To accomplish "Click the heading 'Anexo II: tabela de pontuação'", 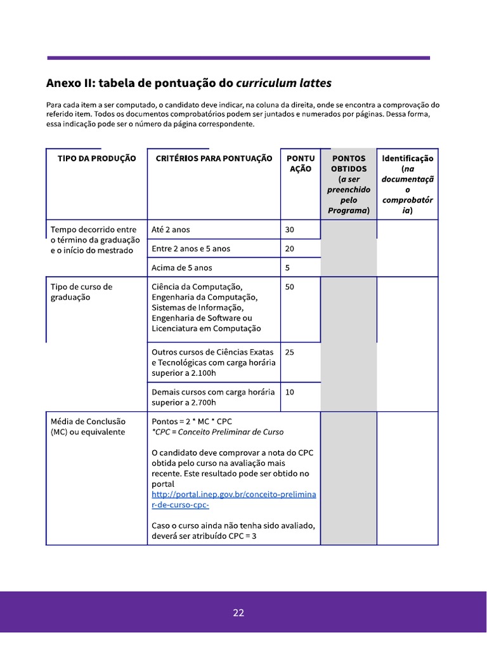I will pyautogui.click(x=140, y=84).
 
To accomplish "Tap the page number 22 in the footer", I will pyautogui.click(x=238, y=613).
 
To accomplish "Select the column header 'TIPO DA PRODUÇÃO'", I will pyautogui.click(x=96, y=159).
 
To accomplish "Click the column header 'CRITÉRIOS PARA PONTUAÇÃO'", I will pyautogui.click(x=214, y=159).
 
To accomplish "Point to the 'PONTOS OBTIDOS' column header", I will pyautogui.click(x=349, y=164).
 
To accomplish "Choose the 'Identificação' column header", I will pyautogui.click(x=407, y=159).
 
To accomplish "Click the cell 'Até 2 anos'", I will pyautogui.click(x=171, y=230).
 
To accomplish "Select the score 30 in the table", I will pyautogui.click(x=290, y=230).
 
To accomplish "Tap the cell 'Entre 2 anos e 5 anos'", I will pyautogui.click(x=191, y=249).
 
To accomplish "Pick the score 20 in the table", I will pyautogui.click(x=290, y=249).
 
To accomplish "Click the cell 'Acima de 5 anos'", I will pyautogui.click(x=182, y=268).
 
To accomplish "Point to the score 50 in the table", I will pyautogui.click(x=290, y=287).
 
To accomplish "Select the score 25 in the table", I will pyautogui.click(x=290, y=352).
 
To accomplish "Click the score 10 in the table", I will pyautogui.click(x=290, y=392).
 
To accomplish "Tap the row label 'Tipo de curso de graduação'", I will pyautogui.click(x=81, y=292).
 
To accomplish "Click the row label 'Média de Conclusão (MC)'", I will pyautogui.click(x=88, y=427).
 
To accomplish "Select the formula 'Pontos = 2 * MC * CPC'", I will pyautogui.click(x=193, y=421).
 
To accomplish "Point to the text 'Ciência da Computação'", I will pyautogui.click(x=197, y=287).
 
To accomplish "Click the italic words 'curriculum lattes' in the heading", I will pyautogui.click(x=283, y=84).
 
